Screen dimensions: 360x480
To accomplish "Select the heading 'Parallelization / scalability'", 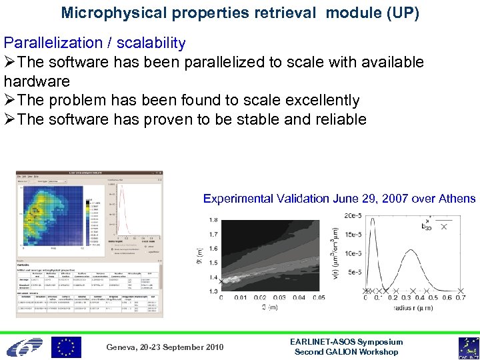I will [x=95, y=43].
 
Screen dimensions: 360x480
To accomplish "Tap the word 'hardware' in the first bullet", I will [x=37, y=81].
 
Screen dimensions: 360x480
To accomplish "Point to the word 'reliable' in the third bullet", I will [x=338, y=120].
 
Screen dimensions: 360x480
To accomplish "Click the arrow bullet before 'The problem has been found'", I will [x=11, y=101].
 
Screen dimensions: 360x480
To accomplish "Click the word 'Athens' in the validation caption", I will [x=459, y=199].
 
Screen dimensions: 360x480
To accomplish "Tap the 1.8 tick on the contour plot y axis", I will [x=213, y=220].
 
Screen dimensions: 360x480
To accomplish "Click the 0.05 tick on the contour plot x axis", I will [x=319, y=298].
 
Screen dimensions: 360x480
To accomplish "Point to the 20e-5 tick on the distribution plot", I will [x=354, y=215].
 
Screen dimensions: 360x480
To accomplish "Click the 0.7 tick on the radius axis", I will [x=460, y=298].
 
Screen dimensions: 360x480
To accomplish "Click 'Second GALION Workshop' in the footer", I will [x=346, y=352].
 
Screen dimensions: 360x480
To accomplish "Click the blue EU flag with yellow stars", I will [x=66, y=347].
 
